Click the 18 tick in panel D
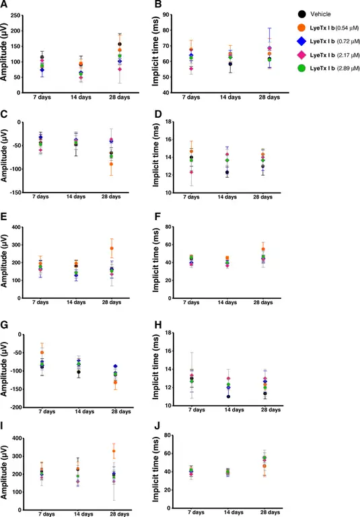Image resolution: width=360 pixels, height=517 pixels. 168,121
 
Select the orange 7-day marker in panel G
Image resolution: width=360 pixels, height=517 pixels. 42,352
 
